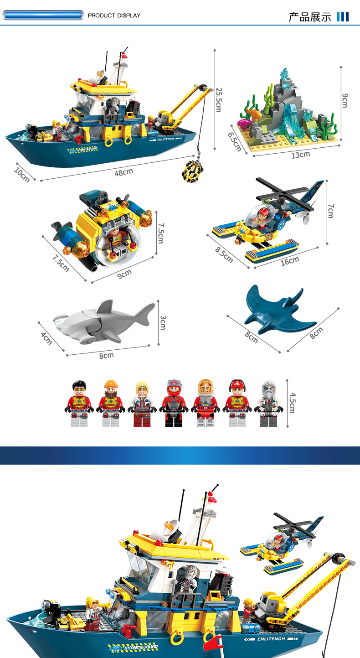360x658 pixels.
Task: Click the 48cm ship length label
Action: (x=123, y=172)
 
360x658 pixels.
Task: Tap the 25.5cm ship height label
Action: (x=219, y=100)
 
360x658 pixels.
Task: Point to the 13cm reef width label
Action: (x=300, y=155)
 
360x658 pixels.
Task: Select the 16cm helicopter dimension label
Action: (x=290, y=260)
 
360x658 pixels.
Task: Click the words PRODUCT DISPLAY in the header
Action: (x=114, y=15)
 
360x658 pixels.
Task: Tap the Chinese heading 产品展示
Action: (x=310, y=17)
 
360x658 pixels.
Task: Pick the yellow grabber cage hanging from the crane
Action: (x=192, y=171)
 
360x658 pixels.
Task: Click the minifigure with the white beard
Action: (x=269, y=404)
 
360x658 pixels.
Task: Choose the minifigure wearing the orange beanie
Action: (x=111, y=403)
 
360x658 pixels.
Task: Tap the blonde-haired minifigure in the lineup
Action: (x=143, y=404)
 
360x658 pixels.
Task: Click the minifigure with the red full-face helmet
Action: (x=174, y=403)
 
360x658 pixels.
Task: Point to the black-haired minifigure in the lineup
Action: (x=79, y=404)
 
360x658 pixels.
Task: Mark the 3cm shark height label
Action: (x=163, y=322)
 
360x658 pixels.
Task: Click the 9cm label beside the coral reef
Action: (x=345, y=100)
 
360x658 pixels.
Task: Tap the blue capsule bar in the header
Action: (x=43, y=15)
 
